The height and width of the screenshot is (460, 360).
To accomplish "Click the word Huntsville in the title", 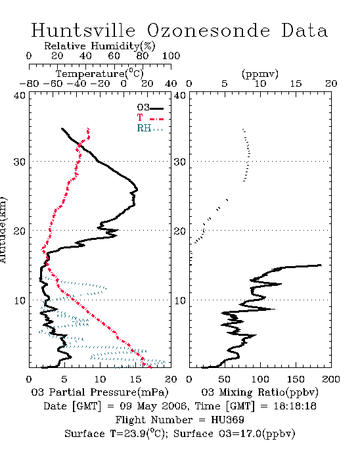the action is pos(83,30).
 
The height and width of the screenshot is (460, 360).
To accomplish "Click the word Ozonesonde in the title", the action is pos(208,30).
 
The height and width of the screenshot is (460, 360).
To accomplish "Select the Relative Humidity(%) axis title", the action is pos(100,46).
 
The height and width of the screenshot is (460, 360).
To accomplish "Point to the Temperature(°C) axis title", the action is pos(100,74).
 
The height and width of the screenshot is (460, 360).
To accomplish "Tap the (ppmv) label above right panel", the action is pos(260,74).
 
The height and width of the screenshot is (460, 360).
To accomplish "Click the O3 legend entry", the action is pos(150,108).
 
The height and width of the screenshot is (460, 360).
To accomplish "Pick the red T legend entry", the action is pos(150,118).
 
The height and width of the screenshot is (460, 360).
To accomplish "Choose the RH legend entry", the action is pos(150,128).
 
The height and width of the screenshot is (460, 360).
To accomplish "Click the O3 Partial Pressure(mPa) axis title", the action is pos(100,392).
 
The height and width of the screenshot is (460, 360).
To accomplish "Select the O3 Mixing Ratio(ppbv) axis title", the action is pos(259,392).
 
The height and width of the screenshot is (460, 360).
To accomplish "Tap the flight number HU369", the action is pos(227,419).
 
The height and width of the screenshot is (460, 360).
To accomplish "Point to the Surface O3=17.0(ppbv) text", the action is pos(235,434).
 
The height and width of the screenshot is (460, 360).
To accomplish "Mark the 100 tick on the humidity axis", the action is pos(171,56).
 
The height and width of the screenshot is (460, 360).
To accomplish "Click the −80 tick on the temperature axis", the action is pos(29,83).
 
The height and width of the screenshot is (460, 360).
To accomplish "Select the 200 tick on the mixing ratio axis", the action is pos(331,379).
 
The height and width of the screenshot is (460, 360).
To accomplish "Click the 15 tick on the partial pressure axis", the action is pos(135,379).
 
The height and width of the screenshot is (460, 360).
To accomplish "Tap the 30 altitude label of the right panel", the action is pos(180,162).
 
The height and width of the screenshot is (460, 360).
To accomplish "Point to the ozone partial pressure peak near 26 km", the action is pos(137,189).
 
